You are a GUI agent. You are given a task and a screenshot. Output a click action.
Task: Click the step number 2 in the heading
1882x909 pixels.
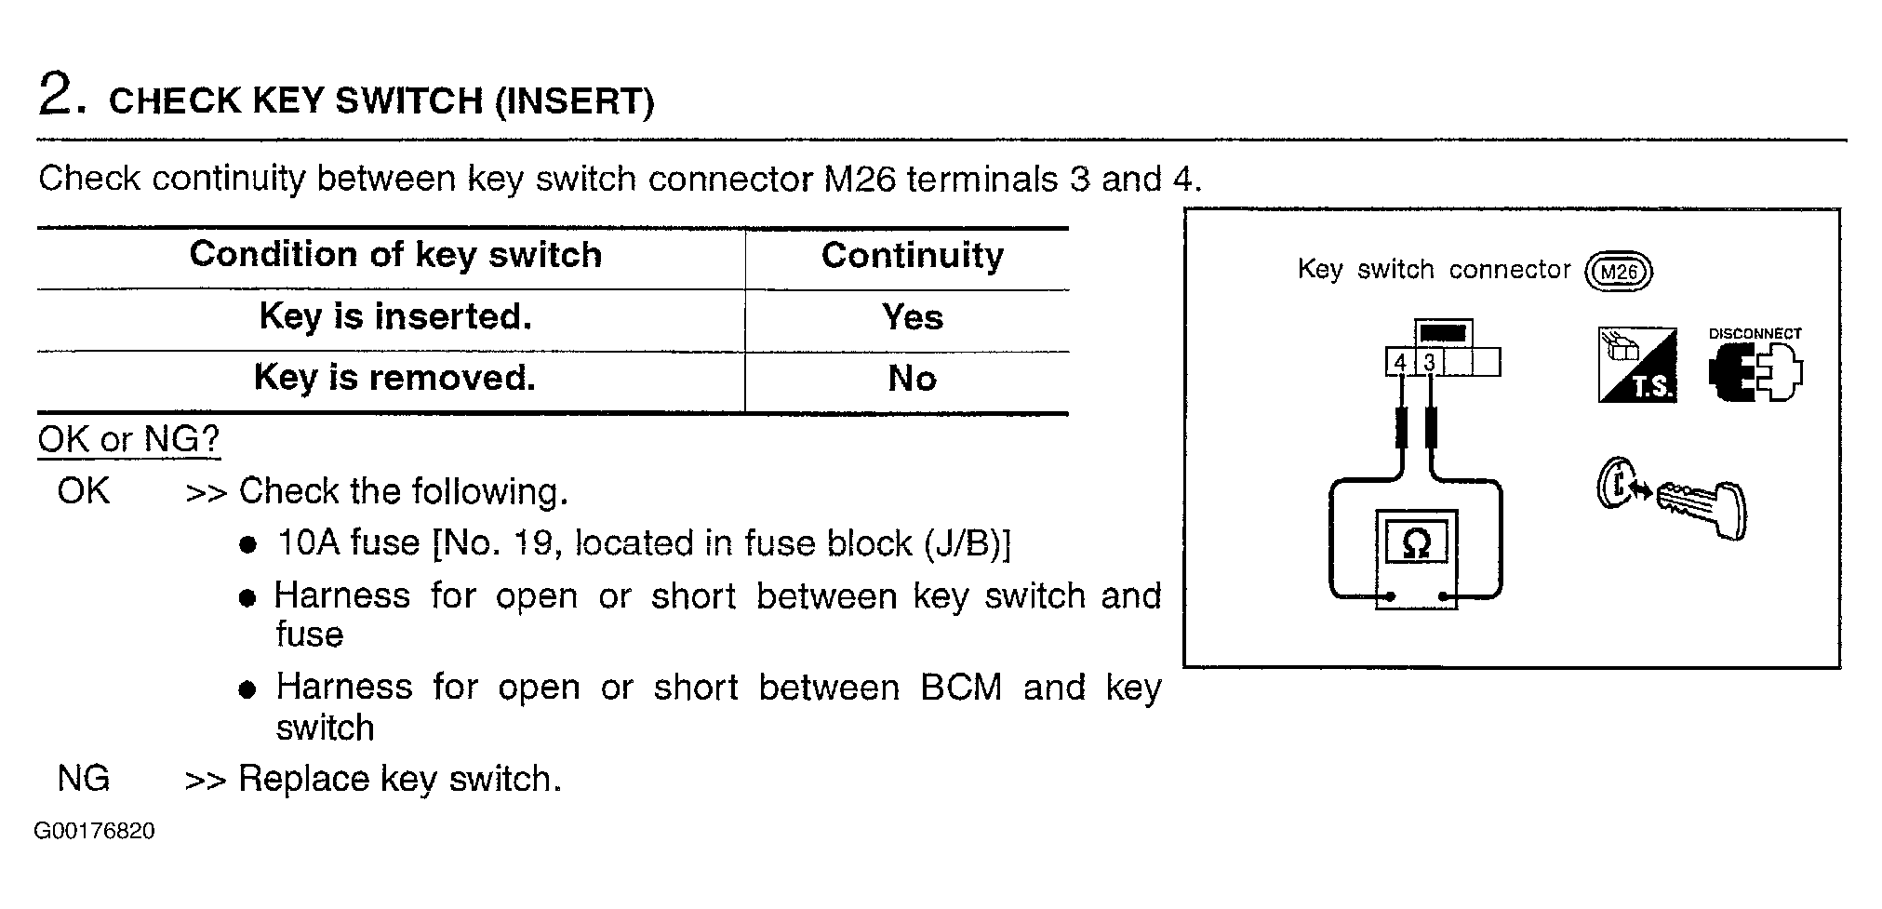pos(56,95)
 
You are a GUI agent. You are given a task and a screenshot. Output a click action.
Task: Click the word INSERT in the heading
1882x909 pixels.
pos(573,100)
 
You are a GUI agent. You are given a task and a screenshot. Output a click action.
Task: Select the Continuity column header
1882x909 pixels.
pos(912,255)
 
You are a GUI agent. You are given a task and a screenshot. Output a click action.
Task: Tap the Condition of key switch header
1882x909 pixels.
pos(395,254)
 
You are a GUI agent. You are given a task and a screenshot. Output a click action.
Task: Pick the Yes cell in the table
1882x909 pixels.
pos(912,317)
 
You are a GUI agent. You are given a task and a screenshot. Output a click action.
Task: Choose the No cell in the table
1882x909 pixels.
pos(912,379)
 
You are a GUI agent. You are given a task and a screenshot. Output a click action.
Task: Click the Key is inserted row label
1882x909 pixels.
pos(395,316)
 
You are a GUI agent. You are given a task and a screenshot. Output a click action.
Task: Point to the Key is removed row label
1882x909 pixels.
pos(394,378)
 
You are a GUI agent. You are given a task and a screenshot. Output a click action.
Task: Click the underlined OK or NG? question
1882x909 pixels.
pos(128,438)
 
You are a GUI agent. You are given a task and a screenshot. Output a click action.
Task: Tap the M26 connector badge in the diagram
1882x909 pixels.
pos(1619,272)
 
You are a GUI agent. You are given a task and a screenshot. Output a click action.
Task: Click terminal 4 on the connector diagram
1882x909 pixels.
pos(1400,362)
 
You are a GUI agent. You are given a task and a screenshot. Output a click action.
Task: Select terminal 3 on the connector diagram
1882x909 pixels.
pos(1430,362)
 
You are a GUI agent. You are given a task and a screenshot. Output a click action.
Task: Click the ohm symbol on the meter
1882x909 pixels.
pos(1415,542)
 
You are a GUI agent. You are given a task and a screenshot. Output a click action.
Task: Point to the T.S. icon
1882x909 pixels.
pos(1637,365)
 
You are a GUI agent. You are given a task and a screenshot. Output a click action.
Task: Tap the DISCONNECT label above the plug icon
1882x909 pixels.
pos(1755,333)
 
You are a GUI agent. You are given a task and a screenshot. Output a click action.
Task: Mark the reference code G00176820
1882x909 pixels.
pos(94,831)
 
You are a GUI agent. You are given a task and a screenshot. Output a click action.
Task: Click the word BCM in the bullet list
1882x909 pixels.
pos(961,688)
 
